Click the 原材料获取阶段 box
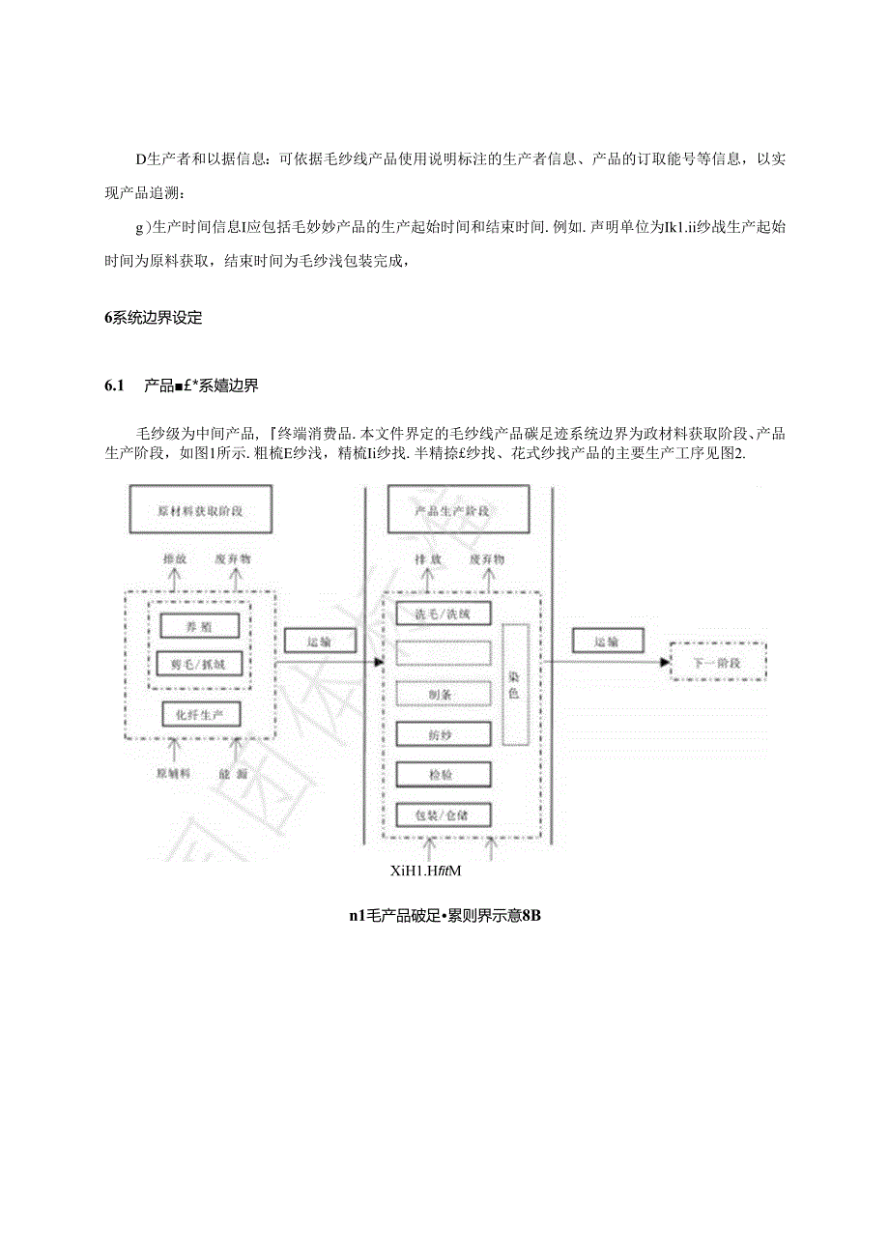[200, 510]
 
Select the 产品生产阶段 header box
[457, 510]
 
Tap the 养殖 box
[199, 626]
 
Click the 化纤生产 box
[199, 714]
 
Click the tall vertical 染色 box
[514, 685]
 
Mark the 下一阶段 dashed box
[716, 664]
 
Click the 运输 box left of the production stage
[320, 642]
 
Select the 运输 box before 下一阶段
[606, 642]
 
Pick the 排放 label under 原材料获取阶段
[174, 559]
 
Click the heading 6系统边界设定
[154, 318]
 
